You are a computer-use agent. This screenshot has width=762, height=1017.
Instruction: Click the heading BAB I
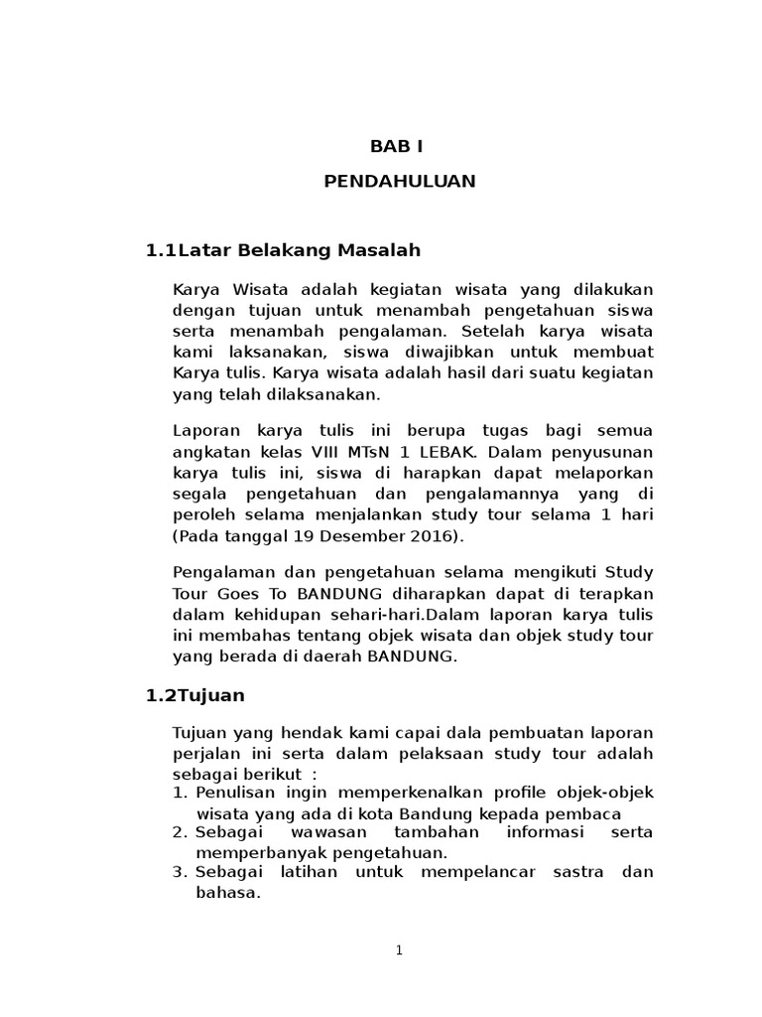pyautogui.click(x=397, y=146)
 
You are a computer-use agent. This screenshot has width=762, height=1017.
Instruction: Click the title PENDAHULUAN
pyautogui.click(x=400, y=181)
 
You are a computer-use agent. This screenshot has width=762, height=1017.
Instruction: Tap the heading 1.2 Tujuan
pyautogui.click(x=194, y=695)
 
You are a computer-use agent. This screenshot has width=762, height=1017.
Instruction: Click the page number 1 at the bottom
pyautogui.click(x=399, y=950)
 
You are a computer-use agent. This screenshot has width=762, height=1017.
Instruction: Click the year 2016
pyautogui.click(x=433, y=536)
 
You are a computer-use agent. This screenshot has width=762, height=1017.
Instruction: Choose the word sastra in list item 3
pyautogui.click(x=567, y=872)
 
